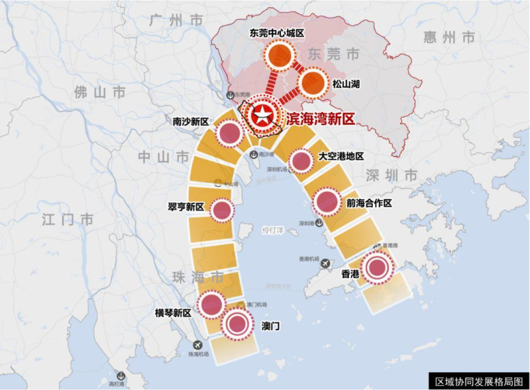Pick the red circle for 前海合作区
(327, 201)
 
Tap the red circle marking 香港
(377, 268)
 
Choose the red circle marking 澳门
(238, 324)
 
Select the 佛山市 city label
(100, 92)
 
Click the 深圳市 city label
(392, 175)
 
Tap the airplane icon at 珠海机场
(197, 345)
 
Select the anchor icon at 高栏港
(120, 375)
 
